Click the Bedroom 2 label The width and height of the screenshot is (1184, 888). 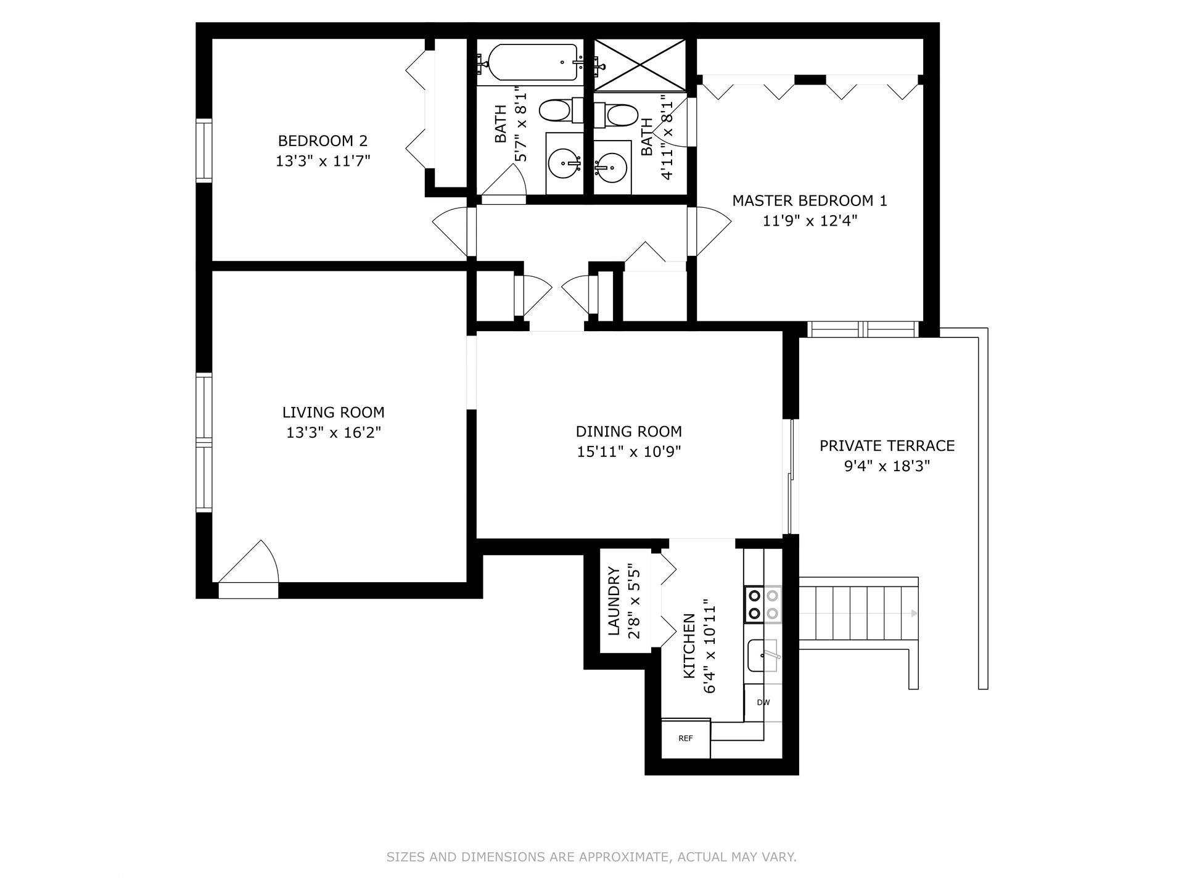pos(323,141)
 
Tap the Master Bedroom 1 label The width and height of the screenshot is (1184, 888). pos(809,200)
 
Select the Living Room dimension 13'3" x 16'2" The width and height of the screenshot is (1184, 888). pos(334,433)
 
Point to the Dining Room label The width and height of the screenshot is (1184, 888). pos(629,432)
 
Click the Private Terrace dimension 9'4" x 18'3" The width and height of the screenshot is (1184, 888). pos(887,466)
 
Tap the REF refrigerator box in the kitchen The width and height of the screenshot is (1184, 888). pos(686,738)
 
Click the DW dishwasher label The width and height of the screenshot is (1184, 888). pos(763,702)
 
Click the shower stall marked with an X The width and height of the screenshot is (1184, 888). pos(640,65)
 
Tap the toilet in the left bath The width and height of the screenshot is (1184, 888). pos(561,111)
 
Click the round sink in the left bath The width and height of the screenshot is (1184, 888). pos(565,163)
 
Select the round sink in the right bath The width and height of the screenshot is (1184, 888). pos(612,166)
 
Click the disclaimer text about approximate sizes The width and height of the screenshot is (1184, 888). pos(591,857)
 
